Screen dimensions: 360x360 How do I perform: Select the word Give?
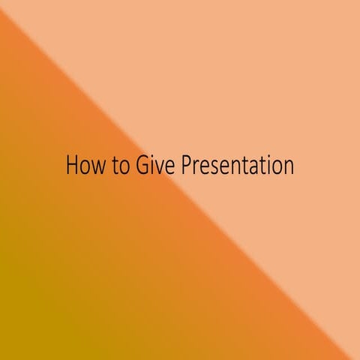click(x=155, y=165)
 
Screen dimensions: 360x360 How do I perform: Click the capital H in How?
click(x=73, y=165)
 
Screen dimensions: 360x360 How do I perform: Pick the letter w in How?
click(x=98, y=167)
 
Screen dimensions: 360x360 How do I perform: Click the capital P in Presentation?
click(x=186, y=165)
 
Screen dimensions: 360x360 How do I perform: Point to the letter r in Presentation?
click(x=195, y=167)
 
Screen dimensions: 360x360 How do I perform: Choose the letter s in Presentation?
click(x=212, y=167)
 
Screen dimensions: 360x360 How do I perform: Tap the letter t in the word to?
click(x=117, y=166)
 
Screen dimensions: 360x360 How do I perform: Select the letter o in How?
click(x=85, y=167)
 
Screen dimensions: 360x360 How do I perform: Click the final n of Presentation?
click(x=287, y=167)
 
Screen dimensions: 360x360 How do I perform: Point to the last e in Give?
click(x=169, y=167)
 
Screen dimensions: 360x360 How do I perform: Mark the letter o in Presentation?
click(x=275, y=167)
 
